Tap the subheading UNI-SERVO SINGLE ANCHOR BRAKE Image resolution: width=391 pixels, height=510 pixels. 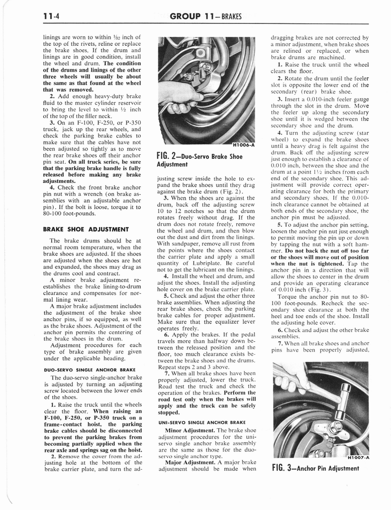(198, 422)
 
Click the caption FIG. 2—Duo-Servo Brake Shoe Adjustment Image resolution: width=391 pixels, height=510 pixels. (199, 160)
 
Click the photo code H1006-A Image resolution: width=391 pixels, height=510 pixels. (242, 145)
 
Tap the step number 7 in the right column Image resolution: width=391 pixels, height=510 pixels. (280, 343)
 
